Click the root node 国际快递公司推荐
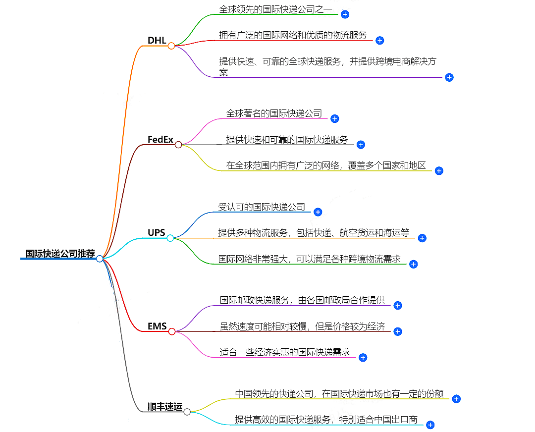60,254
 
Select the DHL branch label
157,40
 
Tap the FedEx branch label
160,139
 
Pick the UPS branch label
157,232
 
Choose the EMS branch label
157,326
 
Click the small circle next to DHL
171,46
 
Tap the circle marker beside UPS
170,238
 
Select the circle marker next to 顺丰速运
187,412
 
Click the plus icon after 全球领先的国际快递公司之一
345,14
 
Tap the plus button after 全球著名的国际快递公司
334,118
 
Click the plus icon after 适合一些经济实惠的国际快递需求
363,357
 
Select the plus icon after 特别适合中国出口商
430,425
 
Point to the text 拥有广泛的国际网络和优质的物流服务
293,35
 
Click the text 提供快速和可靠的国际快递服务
287,140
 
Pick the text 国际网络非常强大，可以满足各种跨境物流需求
310,259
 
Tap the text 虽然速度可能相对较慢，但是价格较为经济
302,326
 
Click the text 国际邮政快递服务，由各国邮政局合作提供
302,300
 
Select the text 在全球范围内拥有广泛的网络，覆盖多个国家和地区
326,165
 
